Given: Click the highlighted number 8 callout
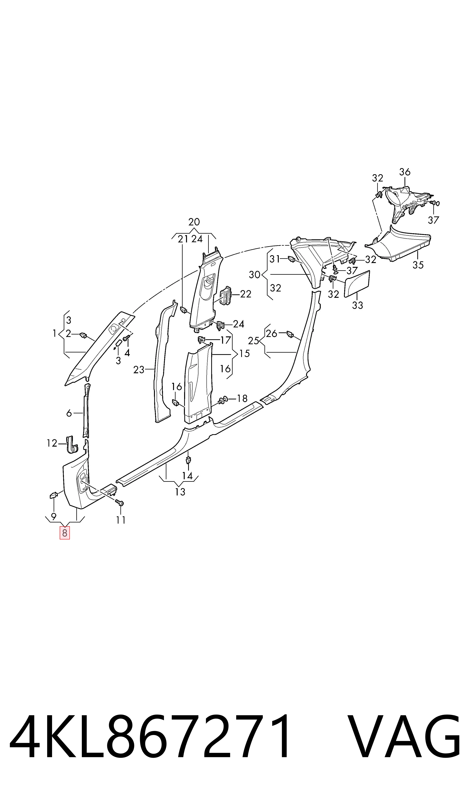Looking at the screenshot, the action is (65, 533).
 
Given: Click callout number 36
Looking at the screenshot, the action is (405, 172).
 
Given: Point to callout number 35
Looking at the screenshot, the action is (418, 265).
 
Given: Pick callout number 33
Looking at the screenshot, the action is (357, 305).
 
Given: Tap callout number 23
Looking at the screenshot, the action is (139, 370).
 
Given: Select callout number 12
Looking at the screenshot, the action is (52, 443).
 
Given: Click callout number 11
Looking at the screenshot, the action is (120, 520).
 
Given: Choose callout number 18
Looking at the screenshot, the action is (242, 398).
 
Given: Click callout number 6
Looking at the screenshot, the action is (69, 413).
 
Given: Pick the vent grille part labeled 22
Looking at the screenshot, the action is (226, 296).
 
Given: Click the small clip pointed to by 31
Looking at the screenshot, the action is (291, 259).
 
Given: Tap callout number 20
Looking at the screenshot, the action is (194, 222).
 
